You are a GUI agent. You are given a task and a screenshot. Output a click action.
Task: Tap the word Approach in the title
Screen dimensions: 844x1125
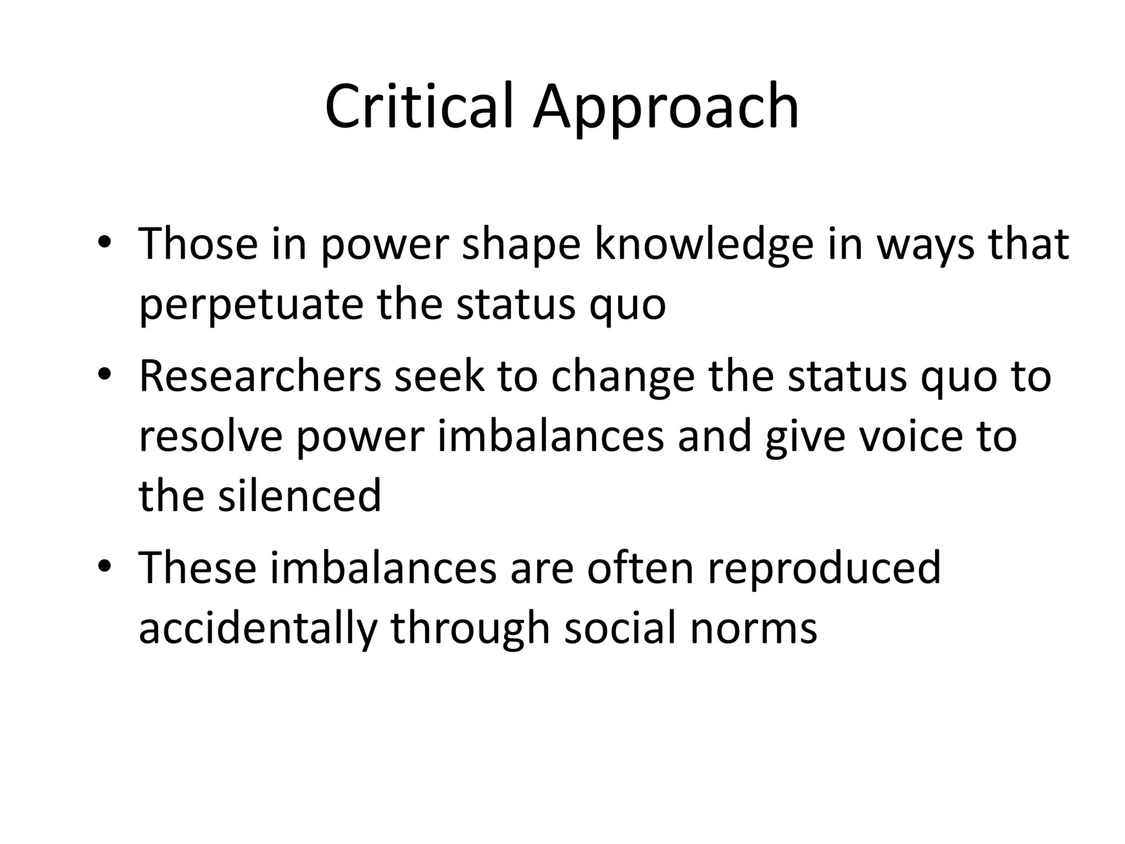[x=666, y=110]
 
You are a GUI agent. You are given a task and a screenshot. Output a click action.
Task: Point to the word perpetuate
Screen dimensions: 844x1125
[x=251, y=305]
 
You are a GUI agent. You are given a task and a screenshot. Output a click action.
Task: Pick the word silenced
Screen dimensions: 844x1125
[x=299, y=495]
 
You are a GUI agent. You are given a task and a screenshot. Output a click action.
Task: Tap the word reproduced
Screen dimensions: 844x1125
[x=824, y=569]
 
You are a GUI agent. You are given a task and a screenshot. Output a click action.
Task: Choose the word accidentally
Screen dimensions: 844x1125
[x=258, y=628]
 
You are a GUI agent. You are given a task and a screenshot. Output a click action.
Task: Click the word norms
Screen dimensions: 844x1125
[x=753, y=628]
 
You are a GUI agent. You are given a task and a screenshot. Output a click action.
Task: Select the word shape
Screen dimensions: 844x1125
[x=521, y=245]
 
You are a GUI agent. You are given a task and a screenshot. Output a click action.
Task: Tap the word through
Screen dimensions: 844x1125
[x=470, y=628]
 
